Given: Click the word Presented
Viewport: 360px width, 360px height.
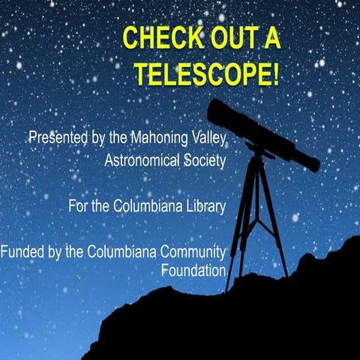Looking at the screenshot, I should click(x=54, y=139).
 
